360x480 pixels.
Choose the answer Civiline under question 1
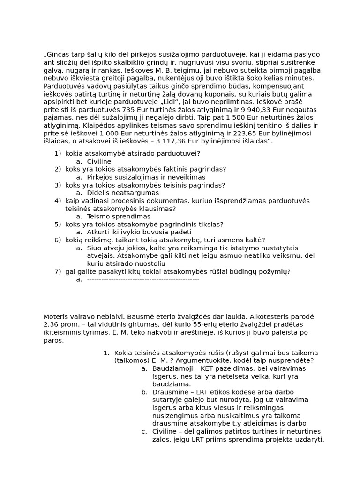pos(99,161)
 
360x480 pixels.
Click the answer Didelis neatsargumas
pos(123,193)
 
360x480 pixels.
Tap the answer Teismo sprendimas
pos(119,217)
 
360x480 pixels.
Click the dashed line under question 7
pos(143,279)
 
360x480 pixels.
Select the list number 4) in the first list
pos(58,201)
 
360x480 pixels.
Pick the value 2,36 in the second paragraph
pos(52,324)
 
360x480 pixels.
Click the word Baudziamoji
pos(172,368)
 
